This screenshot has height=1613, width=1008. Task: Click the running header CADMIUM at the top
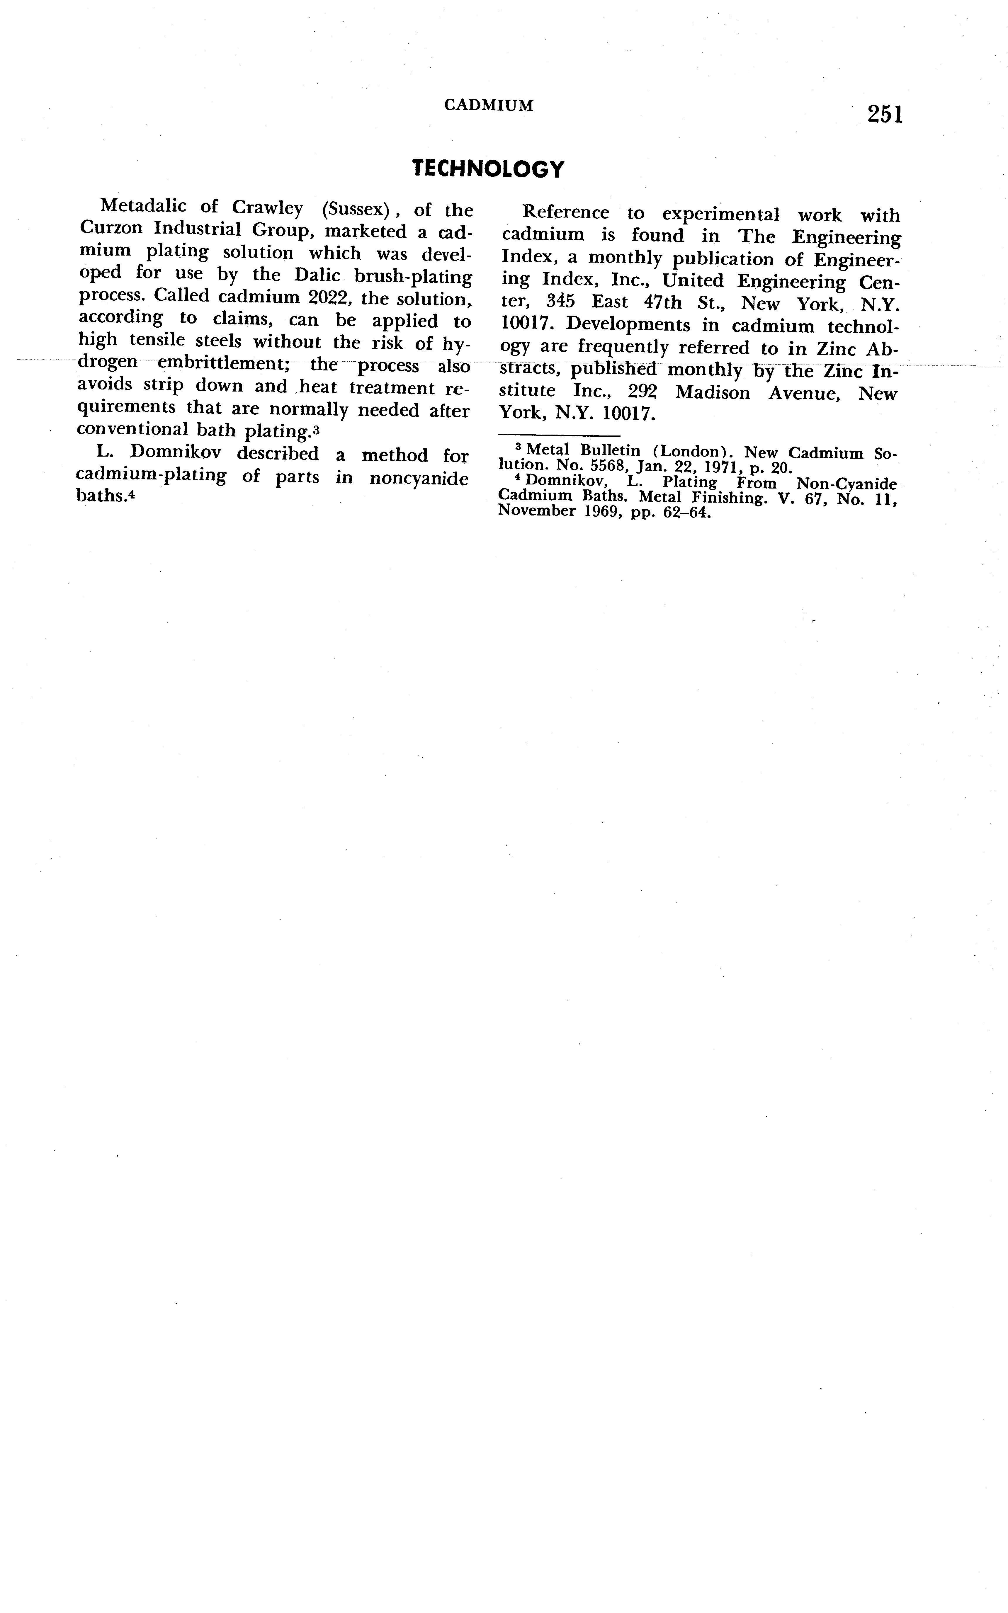tap(489, 105)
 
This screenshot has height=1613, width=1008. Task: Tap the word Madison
tap(712, 393)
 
